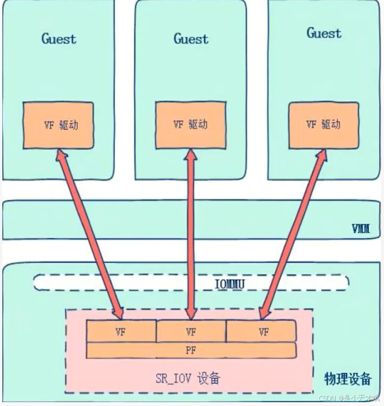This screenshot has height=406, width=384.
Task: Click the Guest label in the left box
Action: tap(59, 39)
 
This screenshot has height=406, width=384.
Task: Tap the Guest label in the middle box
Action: tap(191, 39)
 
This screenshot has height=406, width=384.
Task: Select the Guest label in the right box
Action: tap(324, 33)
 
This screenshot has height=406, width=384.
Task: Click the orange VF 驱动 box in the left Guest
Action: tap(59, 125)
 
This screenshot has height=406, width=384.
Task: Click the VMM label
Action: tap(361, 229)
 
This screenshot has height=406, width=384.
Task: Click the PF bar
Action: tap(191, 350)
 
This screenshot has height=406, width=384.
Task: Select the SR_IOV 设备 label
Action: tap(188, 379)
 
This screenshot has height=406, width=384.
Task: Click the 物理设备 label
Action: tap(348, 379)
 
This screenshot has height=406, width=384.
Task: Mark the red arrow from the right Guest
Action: tap(292, 232)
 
